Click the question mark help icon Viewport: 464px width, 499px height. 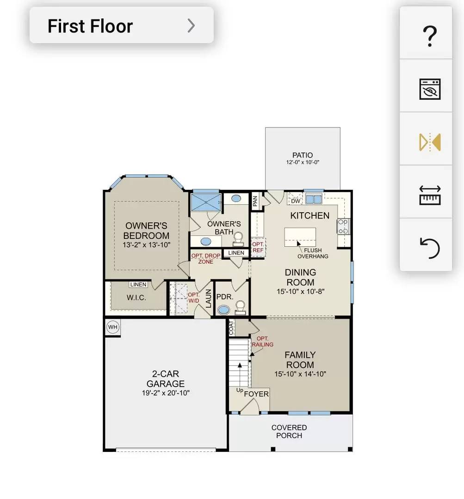tap(430, 36)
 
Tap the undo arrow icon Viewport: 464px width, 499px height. tap(430, 248)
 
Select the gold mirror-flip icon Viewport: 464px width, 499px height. tap(430, 142)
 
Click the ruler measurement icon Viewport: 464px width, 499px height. tap(430, 195)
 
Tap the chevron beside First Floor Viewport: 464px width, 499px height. tap(191, 26)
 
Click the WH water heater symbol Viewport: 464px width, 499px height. tap(113, 327)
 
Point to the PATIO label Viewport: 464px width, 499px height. tap(303, 155)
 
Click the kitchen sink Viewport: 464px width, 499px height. tap(314, 199)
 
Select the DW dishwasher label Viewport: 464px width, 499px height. tap(296, 201)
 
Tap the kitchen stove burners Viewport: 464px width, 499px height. tap(343, 226)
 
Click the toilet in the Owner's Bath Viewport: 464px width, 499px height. tap(238, 239)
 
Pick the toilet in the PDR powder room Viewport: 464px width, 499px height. tap(240, 307)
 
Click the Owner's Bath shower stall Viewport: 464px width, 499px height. tap(206, 202)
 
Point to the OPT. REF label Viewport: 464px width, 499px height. tap(258, 247)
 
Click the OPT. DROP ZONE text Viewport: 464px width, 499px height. tap(206, 259)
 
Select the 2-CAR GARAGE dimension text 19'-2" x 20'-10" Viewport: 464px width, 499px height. tap(166, 393)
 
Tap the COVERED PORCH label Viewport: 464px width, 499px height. tap(289, 432)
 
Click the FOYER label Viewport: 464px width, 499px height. tap(256, 394)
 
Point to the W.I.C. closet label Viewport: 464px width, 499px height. tap(136, 298)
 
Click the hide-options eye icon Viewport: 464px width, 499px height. tap(430, 89)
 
